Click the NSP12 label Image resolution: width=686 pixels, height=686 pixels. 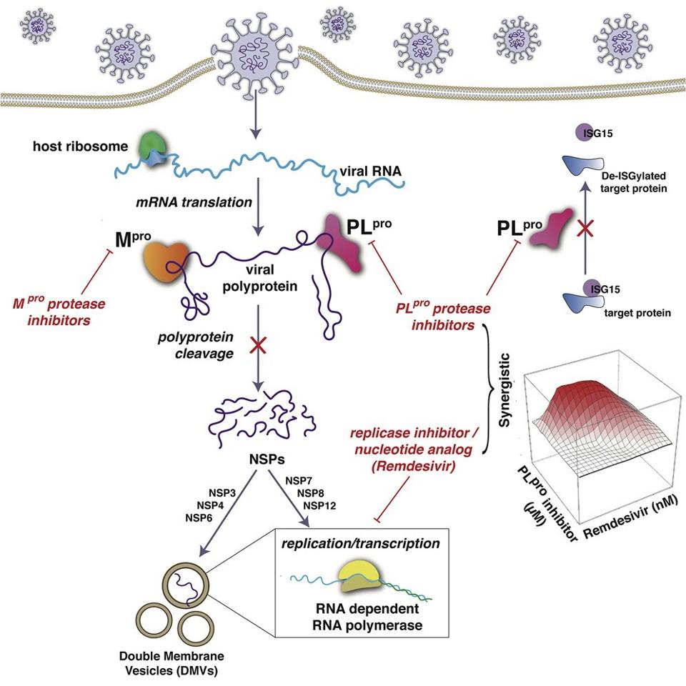pos(319,506)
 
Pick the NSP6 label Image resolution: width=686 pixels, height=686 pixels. pos(199,517)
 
